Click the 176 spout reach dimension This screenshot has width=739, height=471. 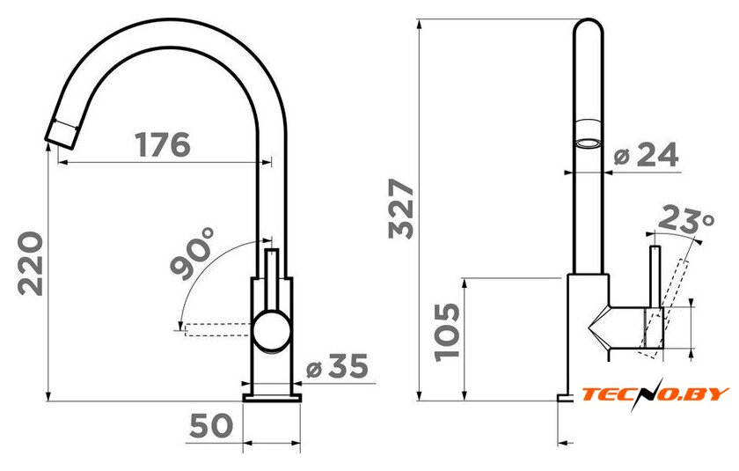point(163,144)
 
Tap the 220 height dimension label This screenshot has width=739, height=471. point(31,263)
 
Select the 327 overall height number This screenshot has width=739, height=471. point(401,209)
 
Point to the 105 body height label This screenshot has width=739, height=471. point(446,332)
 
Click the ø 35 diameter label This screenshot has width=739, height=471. point(337,366)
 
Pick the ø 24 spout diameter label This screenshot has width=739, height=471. point(646,154)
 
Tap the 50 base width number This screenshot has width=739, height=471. point(211,425)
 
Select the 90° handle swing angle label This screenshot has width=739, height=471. point(194,254)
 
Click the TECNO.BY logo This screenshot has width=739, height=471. point(655,394)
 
